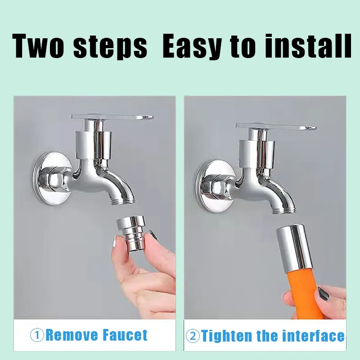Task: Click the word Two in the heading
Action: click(x=38, y=46)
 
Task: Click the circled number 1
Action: click(x=37, y=335)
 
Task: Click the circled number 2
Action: click(x=193, y=336)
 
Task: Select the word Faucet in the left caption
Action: click(x=125, y=335)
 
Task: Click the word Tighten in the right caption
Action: click(x=227, y=336)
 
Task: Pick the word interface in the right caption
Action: click(x=313, y=336)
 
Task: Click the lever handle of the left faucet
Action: click(x=112, y=117)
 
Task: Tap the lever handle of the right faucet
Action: click(x=276, y=126)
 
